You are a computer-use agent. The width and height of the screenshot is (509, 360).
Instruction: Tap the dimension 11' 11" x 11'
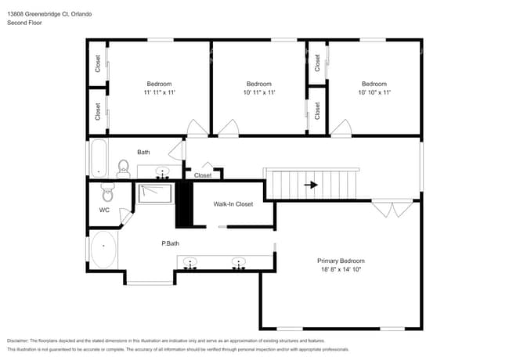159,92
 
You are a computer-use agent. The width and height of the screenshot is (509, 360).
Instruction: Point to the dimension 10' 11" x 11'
258,92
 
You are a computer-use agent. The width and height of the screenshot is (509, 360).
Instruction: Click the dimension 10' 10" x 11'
374,92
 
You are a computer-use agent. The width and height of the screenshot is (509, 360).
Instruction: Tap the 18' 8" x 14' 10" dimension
341,269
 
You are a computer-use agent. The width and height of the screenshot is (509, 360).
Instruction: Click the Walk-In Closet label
233,204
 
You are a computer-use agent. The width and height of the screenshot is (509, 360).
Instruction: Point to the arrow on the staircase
311,185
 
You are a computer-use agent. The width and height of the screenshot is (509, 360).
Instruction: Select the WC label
104,211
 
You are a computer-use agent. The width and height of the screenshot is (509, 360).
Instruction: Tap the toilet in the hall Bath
123,167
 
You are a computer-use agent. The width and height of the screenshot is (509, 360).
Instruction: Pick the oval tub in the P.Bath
103,250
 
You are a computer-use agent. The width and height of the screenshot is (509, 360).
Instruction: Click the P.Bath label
171,243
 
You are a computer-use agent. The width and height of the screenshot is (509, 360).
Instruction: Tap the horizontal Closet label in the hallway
202,175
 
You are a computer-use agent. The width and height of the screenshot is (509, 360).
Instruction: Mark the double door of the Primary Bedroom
392,208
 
